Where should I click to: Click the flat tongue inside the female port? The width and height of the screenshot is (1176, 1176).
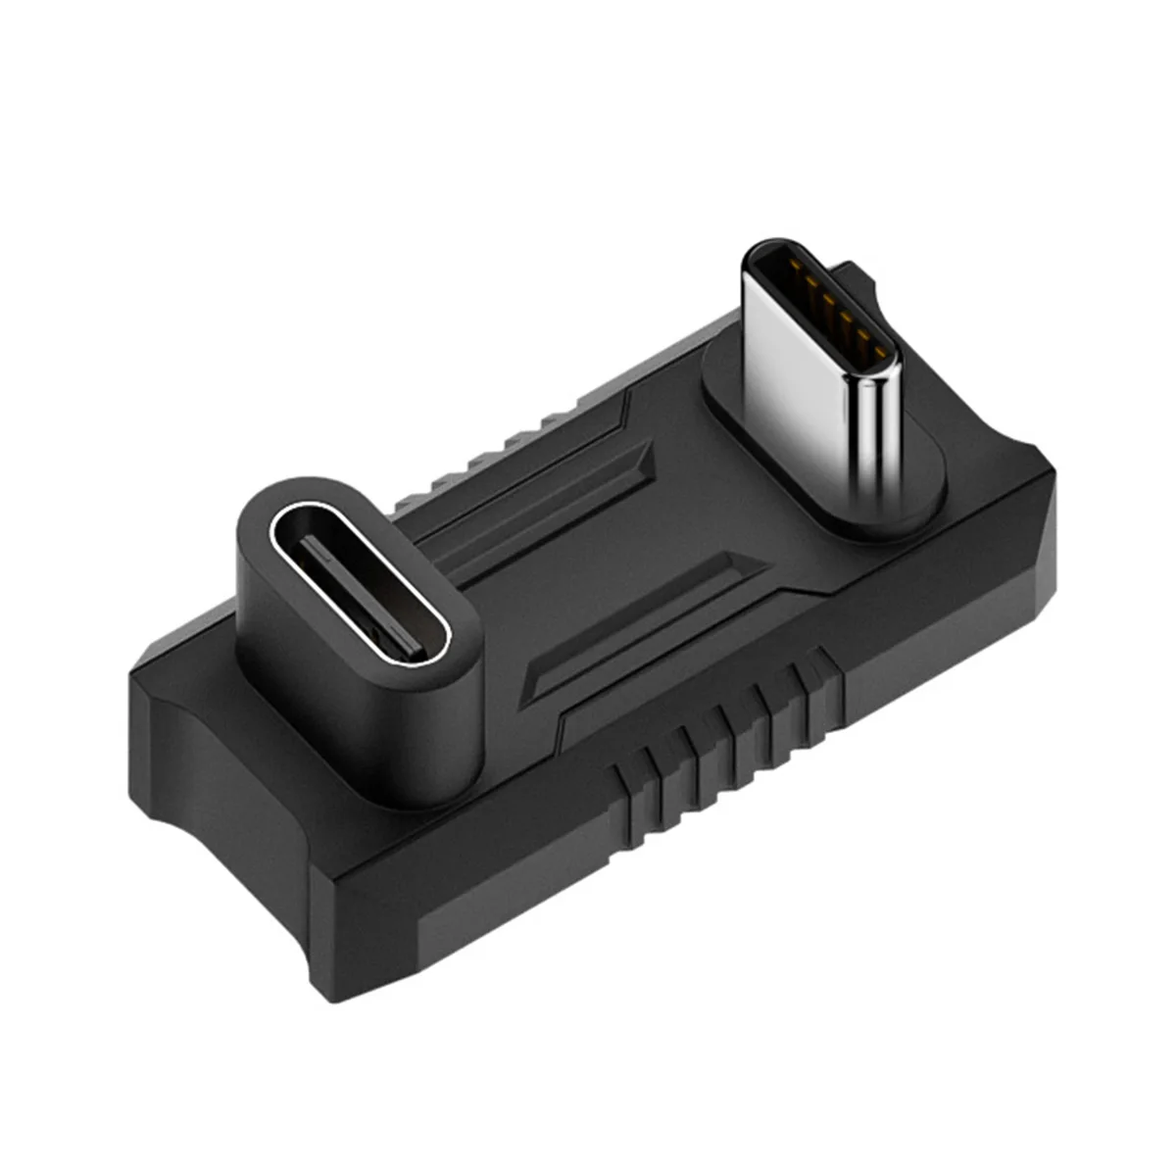[357, 598]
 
